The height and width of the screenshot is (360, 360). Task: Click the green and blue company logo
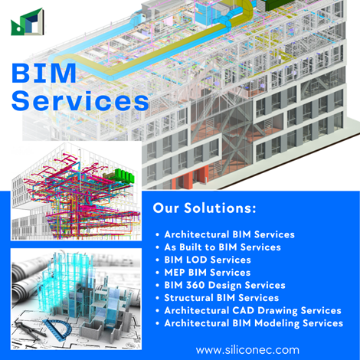point(28,22)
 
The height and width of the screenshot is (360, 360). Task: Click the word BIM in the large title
point(44,74)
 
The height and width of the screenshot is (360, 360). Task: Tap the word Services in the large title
point(80,100)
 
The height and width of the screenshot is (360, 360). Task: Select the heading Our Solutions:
point(205,208)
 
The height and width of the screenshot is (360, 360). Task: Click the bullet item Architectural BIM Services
point(229,234)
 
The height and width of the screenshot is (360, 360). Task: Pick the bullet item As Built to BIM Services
point(222,247)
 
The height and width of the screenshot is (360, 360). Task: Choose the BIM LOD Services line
point(208,260)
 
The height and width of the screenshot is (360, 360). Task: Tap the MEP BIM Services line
point(208,272)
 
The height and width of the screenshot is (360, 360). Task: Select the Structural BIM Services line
point(221,298)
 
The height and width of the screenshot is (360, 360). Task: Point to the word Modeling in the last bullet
point(277,323)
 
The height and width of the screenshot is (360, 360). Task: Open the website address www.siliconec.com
point(247,350)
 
